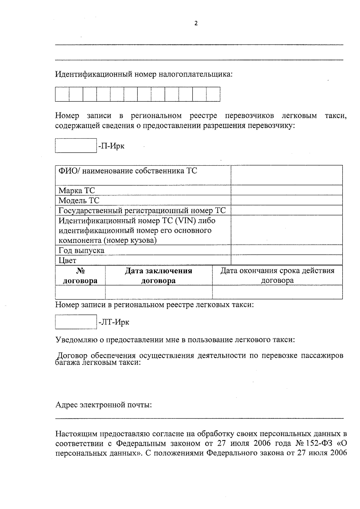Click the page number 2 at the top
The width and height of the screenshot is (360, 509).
[x=196, y=23]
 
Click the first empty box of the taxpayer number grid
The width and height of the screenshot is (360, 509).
[x=62, y=94]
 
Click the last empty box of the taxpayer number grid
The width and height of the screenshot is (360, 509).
[x=213, y=94]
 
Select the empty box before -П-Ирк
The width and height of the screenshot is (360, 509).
[x=76, y=145]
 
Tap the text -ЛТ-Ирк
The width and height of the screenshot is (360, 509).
[x=114, y=322]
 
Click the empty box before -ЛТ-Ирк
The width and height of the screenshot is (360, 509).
[x=76, y=322]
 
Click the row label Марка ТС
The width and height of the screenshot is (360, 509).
[x=76, y=190]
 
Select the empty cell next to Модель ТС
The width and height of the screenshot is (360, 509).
[x=286, y=200]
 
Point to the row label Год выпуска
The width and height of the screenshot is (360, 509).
[x=81, y=250]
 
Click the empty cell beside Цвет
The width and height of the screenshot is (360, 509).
[x=286, y=260]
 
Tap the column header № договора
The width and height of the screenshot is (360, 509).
[x=80, y=276]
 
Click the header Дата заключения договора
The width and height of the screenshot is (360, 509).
[x=158, y=276]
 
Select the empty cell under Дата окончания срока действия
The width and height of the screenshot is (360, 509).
[x=277, y=292]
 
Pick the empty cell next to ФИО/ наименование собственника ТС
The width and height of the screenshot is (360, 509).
[x=286, y=175]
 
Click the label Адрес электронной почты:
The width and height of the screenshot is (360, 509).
[x=103, y=405]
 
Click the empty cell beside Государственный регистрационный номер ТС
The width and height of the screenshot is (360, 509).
[x=286, y=210]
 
